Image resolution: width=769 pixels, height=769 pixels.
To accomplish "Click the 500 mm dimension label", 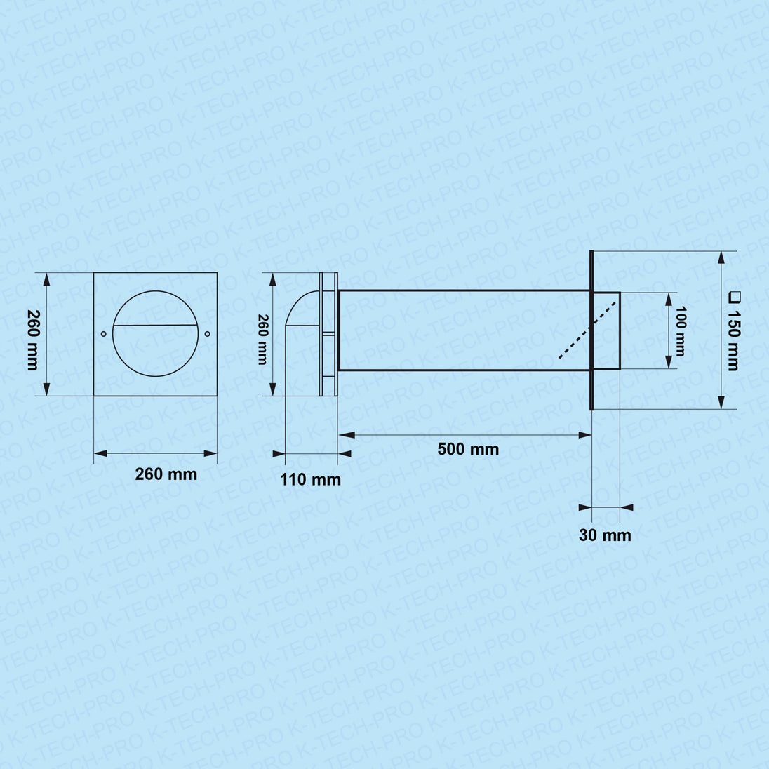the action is pos(468,449).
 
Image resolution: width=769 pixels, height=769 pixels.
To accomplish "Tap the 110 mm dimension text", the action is pos(310,479).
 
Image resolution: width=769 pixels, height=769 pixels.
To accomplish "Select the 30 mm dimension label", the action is pos(605,535).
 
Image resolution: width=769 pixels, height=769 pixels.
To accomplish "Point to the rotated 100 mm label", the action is pos(680,331).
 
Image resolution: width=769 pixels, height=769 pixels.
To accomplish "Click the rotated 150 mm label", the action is pos(733,340).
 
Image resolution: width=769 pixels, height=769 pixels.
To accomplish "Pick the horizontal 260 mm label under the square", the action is pos(166,474).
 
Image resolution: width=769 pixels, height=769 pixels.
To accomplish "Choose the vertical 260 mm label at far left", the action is pos(33,340).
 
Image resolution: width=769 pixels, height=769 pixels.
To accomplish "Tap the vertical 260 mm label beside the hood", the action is pos(262,340).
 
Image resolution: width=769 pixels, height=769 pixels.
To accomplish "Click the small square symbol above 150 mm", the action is pos(734,297).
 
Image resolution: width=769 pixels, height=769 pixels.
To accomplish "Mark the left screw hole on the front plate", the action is pos(103,334).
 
